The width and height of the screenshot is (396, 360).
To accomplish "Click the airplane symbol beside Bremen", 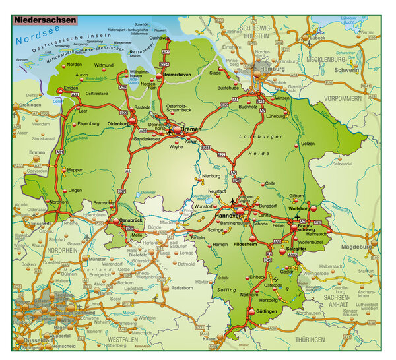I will (171, 132).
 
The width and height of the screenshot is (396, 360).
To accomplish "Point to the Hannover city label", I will (226, 216).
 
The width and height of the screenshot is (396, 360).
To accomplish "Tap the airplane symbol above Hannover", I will (232, 200).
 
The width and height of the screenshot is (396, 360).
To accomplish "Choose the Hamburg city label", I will (272, 69).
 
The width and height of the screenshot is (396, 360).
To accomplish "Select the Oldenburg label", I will (119, 123).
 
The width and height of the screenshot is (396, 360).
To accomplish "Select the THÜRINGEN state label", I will (310, 339).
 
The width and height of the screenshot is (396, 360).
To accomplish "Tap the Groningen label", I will (30, 105).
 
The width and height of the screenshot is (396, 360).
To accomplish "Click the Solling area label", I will (226, 290).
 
